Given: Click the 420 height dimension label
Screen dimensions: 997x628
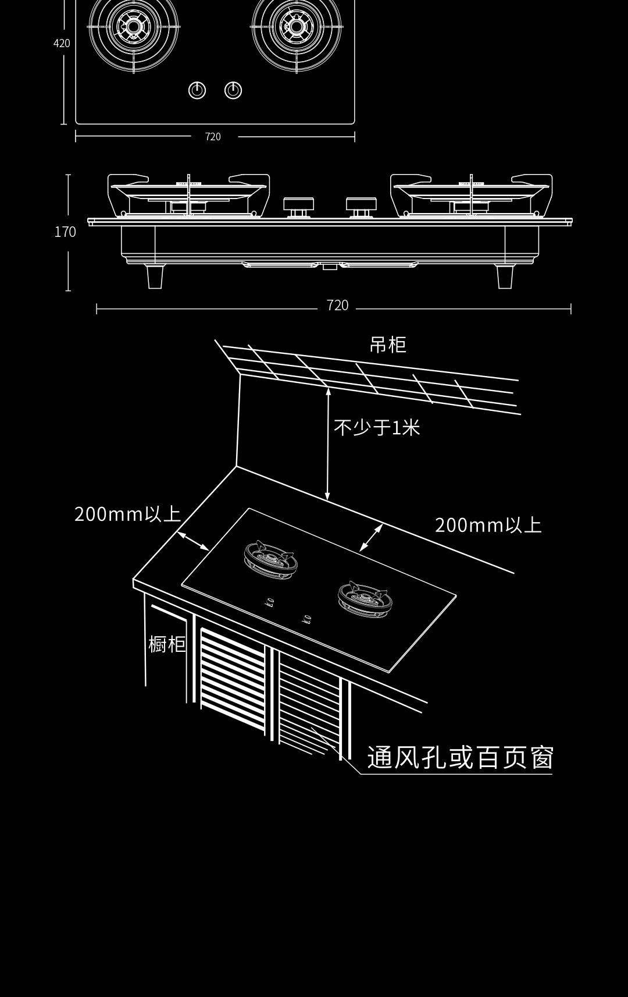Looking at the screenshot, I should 62,43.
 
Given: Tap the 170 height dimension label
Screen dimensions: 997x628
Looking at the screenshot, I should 65,232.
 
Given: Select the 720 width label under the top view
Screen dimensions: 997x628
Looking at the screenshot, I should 213,137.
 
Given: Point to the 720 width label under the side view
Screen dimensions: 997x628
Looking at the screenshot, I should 337,306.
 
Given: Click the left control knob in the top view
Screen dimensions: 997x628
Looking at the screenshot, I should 197,90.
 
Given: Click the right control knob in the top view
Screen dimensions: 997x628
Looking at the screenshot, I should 233,90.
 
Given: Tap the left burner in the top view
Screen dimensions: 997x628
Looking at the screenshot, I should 134,27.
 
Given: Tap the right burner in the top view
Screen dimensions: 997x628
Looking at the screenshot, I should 297,27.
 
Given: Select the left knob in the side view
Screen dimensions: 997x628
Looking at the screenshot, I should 299,205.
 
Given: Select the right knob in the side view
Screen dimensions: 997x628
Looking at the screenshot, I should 361,205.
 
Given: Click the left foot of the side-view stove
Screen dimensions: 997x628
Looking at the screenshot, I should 155,276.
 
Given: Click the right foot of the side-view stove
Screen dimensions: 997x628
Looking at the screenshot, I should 505,276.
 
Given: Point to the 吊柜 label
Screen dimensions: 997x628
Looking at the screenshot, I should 387,345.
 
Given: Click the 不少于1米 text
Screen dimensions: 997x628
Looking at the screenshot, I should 377,428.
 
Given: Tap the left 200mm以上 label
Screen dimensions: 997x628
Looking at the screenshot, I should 127,514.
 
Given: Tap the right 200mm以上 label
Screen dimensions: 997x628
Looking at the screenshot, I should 488,525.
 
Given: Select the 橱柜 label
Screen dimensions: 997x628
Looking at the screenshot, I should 167,644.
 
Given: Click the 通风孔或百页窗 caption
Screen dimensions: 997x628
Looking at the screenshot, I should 459,757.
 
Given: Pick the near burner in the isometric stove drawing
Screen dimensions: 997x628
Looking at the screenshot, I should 365,599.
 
